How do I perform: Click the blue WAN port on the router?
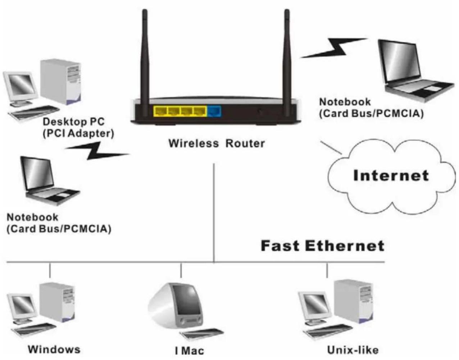point(214,111)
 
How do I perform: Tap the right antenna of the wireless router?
point(287,63)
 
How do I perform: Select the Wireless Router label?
point(217,143)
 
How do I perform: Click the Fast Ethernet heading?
point(323,246)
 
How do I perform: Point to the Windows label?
point(54,350)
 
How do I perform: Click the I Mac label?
point(190,351)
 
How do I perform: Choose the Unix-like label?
point(353,350)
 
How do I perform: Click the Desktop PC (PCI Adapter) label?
point(78,128)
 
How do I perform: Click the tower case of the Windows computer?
point(58,302)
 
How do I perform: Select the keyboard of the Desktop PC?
point(34,112)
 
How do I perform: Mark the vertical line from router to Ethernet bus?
point(214,213)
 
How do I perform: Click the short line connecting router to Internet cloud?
point(331,147)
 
